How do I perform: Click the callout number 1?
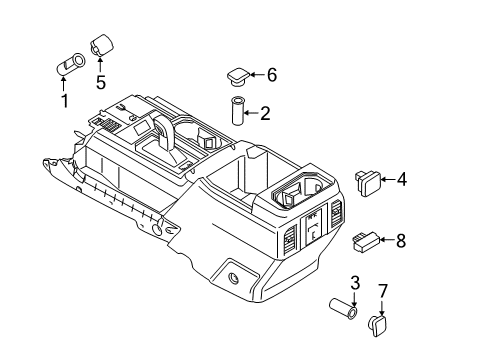tap(65, 101)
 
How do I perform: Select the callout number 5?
tap(101, 82)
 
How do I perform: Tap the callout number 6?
tap(272, 75)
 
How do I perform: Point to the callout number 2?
tap(265, 113)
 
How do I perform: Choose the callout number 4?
tap(402, 179)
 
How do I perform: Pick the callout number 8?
tap(401, 240)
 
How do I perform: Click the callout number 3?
tap(355, 283)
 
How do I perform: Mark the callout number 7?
tap(383, 291)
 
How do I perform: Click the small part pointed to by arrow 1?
tap(70, 64)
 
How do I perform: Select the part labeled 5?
tap(102, 45)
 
